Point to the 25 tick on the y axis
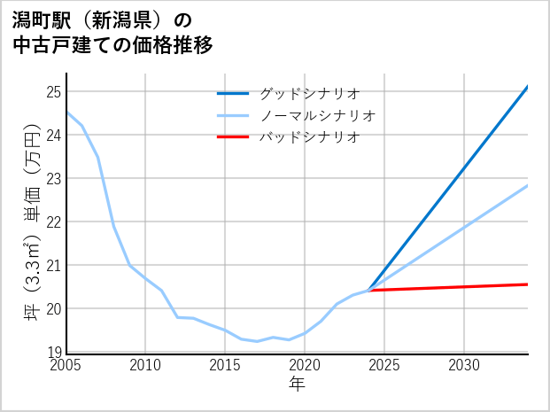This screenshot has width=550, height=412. pyautogui.click(x=53, y=92)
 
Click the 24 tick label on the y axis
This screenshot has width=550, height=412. pyautogui.click(x=53, y=136)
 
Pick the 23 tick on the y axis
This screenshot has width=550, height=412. pyautogui.click(x=53, y=179)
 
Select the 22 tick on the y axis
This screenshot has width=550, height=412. pyautogui.click(x=53, y=222)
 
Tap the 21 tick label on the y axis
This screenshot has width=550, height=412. pyautogui.click(x=53, y=266)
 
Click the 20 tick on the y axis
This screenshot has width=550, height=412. pyautogui.click(x=53, y=309)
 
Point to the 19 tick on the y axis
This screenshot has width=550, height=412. pyautogui.click(x=53, y=352)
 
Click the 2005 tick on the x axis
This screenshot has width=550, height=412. pyautogui.click(x=66, y=365)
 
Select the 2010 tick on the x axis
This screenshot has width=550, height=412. pyautogui.click(x=146, y=365)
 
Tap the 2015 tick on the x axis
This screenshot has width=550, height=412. pyautogui.click(x=226, y=365)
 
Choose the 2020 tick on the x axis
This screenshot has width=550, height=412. pyautogui.click(x=305, y=365)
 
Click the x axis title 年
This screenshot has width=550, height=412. pyautogui.click(x=297, y=385)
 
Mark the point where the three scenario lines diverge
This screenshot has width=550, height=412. pyautogui.click(x=368, y=291)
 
